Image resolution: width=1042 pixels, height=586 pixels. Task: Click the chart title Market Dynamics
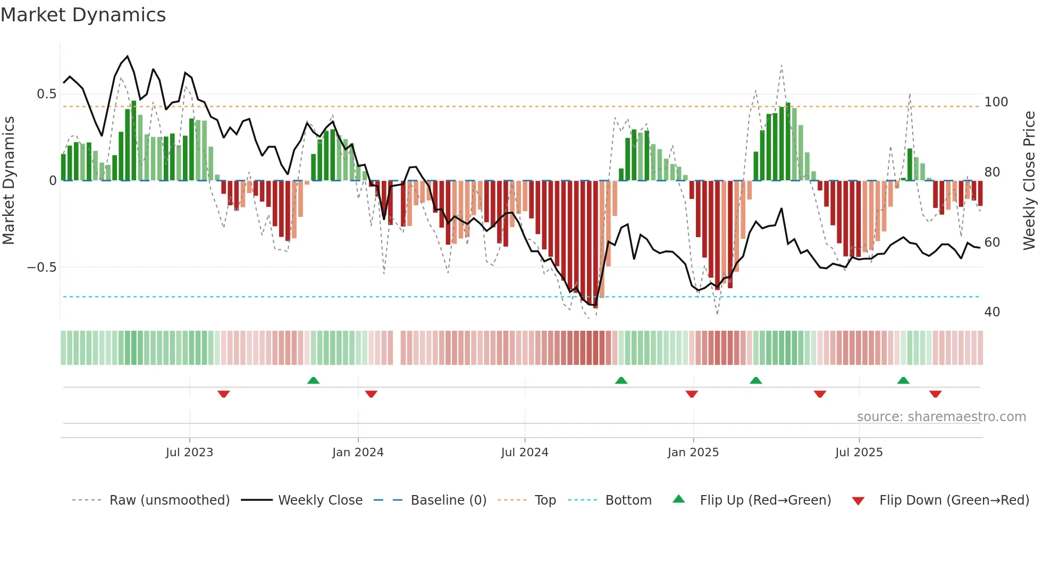[x=83, y=15]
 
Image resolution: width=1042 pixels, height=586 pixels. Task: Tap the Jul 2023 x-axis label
[x=189, y=453]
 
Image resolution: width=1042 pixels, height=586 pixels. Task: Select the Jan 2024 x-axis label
[x=358, y=453]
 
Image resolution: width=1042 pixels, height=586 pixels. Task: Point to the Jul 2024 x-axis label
[x=524, y=453]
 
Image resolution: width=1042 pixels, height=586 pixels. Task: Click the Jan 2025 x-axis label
[x=693, y=453]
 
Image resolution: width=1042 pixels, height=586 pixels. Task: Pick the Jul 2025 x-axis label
[x=859, y=453]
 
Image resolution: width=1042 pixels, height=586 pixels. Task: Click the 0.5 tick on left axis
[x=46, y=94]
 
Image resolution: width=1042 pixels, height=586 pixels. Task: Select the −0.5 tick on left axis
[x=42, y=267]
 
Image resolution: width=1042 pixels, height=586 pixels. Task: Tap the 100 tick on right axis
[x=996, y=102]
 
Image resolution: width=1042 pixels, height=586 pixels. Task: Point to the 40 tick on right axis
[x=992, y=312]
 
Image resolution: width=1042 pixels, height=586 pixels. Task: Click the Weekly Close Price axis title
[x=1029, y=180]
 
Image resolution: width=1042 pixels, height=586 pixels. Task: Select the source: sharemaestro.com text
[x=941, y=417]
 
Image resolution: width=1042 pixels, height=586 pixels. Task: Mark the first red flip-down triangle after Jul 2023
[x=223, y=394]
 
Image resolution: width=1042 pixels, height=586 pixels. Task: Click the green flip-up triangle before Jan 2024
[x=313, y=380]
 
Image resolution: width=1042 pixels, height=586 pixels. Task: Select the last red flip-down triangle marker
[x=935, y=394]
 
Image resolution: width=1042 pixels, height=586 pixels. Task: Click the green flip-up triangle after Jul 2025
[x=903, y=380]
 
